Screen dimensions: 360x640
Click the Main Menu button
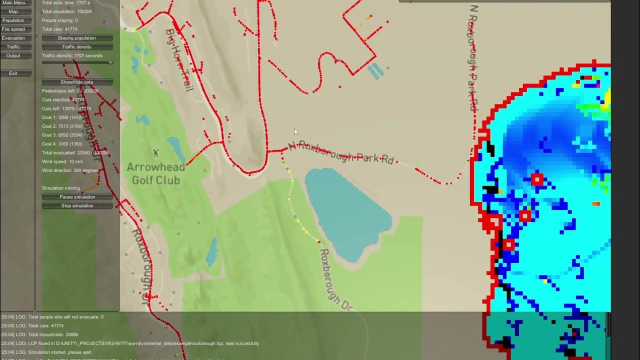pyautogui.click(x=13, y=3)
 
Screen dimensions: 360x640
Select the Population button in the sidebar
pyautogui.click(x=13, y=20)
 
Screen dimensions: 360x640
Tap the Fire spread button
pyautogui.click(x=13, y=29)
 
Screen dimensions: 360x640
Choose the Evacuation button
pyautogui.click(x=13, y=38)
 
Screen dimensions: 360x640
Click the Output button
pyautogui.click(x=13, y=56)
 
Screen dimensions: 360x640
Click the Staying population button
pyautogui.click(x=77, y=38)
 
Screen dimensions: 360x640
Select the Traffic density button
pyautogui.click(x=77, y=47)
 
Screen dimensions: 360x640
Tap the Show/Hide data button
pyautogui.click(x=77, y=82)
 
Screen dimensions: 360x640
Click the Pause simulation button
pyautogui.click(x=77, y=197)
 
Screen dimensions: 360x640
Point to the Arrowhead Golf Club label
pyautogui.click(x=155, y=173)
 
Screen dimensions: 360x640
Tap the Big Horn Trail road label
pyautogui.click(x=178, y=60)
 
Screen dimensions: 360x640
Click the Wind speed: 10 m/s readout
pyautogui.click(x=62, y=161)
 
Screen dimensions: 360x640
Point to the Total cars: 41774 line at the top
pyautogui.click(x=59, y=29)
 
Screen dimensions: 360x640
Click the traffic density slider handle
pyautogui.click(x=110, y=63)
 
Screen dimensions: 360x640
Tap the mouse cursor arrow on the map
pyautogui.click(x=295, y=131)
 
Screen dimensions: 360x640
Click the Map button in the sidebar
pyautogui.click(x=13, y=11)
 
